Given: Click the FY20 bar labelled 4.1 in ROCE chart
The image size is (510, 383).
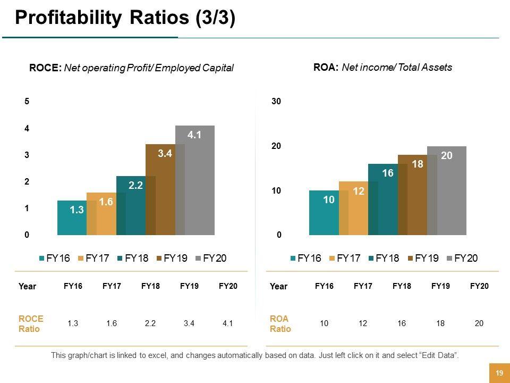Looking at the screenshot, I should (195, 181).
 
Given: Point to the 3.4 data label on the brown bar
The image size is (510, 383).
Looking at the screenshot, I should (165, 154).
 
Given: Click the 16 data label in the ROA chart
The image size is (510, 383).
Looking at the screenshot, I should (387, 173).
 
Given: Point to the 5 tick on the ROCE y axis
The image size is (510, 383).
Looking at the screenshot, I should (26, 102).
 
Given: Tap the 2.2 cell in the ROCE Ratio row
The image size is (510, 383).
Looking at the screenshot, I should (150, 323).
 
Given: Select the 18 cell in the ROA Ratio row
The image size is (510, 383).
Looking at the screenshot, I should (440, 323).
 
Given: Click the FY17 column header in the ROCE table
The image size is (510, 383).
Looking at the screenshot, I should (112, 286).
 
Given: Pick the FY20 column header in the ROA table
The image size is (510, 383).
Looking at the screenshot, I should (479, 286).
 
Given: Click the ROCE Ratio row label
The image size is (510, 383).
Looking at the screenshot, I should (31, 323).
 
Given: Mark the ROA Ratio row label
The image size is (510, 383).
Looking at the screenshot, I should (280, 323).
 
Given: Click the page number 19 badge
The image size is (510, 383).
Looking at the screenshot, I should (499, 373).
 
